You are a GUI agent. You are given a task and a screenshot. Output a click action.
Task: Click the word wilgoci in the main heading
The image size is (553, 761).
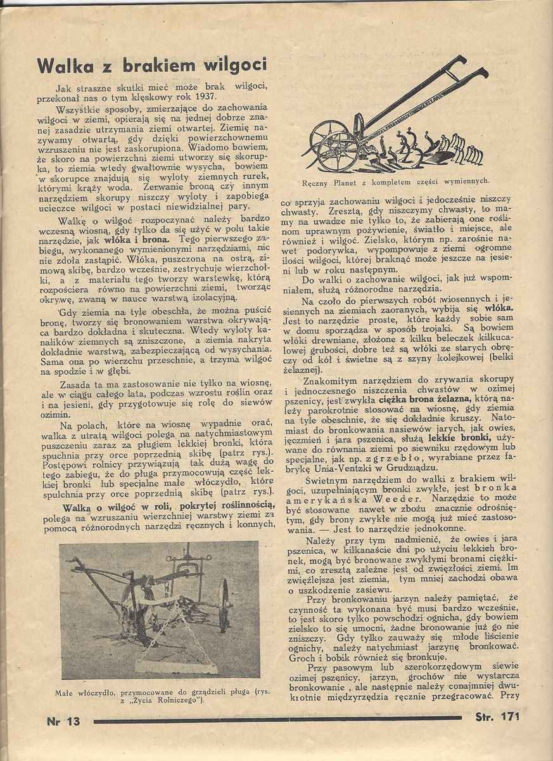(234, 65)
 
